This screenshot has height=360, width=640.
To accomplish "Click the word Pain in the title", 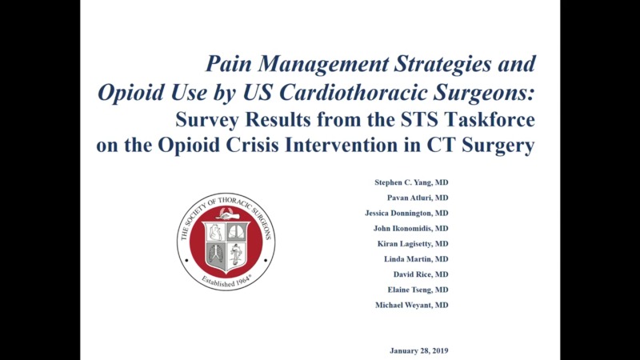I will click(230, 64).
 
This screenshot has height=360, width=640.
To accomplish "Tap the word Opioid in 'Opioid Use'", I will click(128, 92).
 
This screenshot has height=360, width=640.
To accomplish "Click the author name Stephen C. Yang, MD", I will click(406, 183).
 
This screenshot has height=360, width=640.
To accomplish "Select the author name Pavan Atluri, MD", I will click(411, 198).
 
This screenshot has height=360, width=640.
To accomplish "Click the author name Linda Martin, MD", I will click(415, 259).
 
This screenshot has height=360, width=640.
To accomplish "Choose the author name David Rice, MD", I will click(420, 274).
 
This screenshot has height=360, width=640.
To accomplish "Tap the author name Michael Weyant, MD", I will click(411, 305).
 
